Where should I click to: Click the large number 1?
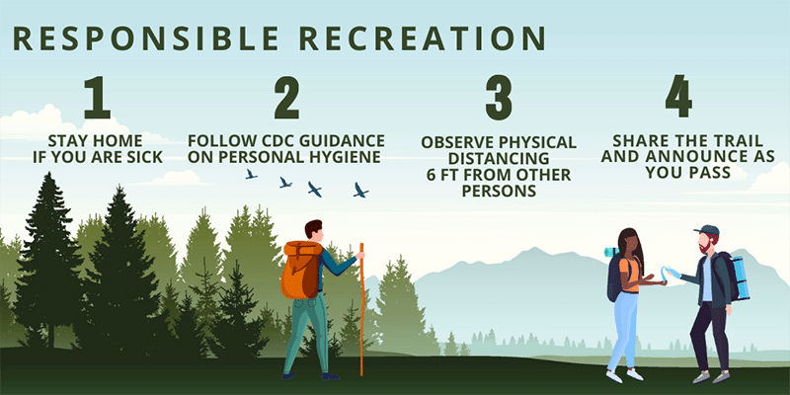[x=97, y=97]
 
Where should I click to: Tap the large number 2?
[x=286, y=97]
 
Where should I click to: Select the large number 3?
[x=499, y=97]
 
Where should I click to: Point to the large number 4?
[x=678, y=96]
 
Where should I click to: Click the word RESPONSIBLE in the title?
[x=145, y=39]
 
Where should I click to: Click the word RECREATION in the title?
[x=423, y=39]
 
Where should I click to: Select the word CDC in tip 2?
[x=276, y=140]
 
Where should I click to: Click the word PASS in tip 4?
[x=709, y=172]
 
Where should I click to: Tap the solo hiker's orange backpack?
[x=301, y=270]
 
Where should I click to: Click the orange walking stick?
[x=361, y=309]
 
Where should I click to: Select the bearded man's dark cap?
[x=707, y=230]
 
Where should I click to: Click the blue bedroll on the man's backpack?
[x=740, y=278]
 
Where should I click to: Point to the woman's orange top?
[x=632, y=274]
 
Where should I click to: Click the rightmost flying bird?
[x=360, y=190]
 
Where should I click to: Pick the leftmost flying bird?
[x=251, y=175]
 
